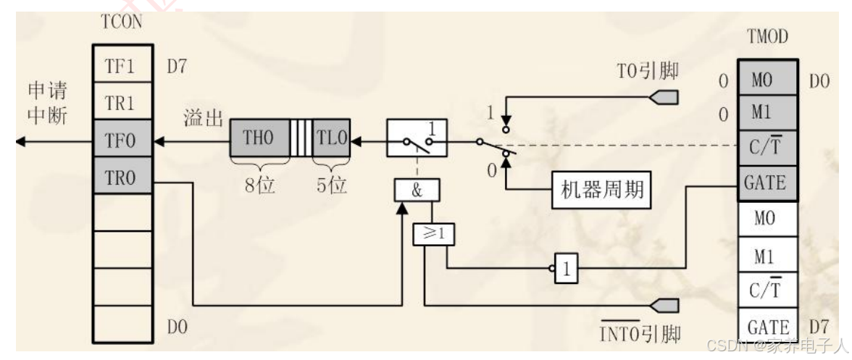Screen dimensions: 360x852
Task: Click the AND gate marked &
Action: point(416,191)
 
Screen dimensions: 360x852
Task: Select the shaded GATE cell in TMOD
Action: point(764,183)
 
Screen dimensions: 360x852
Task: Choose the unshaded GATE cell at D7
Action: point(764,325)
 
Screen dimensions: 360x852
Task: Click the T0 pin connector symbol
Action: point(666,96)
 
